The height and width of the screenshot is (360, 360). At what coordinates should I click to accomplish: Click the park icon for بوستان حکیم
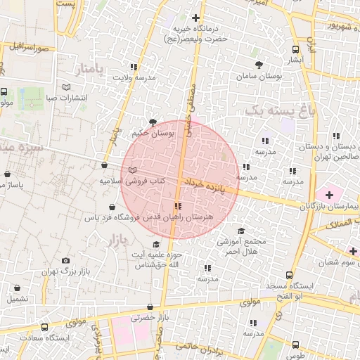point(153,122)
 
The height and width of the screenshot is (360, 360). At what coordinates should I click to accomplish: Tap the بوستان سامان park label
point(259,75)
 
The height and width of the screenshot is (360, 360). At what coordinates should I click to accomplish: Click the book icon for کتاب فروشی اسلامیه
point(133,170)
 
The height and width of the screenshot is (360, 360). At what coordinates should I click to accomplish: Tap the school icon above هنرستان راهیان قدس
point(177,207)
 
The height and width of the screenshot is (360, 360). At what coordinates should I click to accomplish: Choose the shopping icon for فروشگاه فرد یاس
point(112,207)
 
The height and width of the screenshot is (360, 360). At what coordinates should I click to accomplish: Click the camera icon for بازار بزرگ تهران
point(66,261)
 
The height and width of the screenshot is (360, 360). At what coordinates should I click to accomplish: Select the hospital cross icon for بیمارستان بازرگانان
point(329,194)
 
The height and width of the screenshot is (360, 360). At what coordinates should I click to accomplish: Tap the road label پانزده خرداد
point(210,186)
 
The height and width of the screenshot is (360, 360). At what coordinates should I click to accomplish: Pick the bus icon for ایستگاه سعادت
point(45,328)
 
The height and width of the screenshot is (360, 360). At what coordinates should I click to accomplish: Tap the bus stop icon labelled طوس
point(295,345)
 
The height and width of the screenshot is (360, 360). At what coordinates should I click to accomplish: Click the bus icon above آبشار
point(295,49)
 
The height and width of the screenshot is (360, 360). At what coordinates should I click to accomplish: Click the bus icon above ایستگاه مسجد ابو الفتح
point(288,276)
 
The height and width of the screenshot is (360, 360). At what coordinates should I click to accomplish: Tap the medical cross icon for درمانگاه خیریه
point(196,18)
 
